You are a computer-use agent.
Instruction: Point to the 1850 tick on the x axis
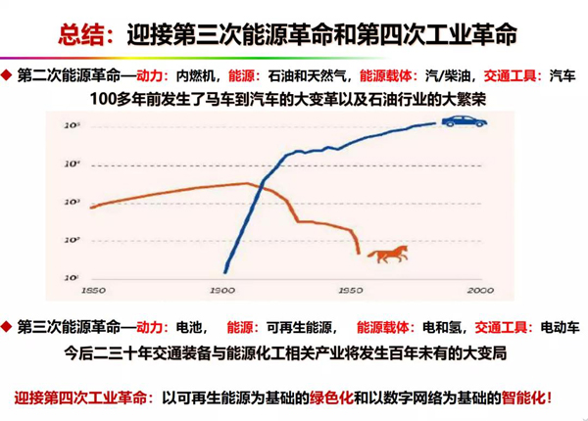(x=94, y=291)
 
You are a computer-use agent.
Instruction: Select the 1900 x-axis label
(x=222, y=291)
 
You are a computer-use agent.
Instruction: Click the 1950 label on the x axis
(x=350, y=291)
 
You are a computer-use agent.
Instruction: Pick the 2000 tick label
(x=478, y=291)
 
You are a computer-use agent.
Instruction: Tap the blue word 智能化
(x=523, y=398)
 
